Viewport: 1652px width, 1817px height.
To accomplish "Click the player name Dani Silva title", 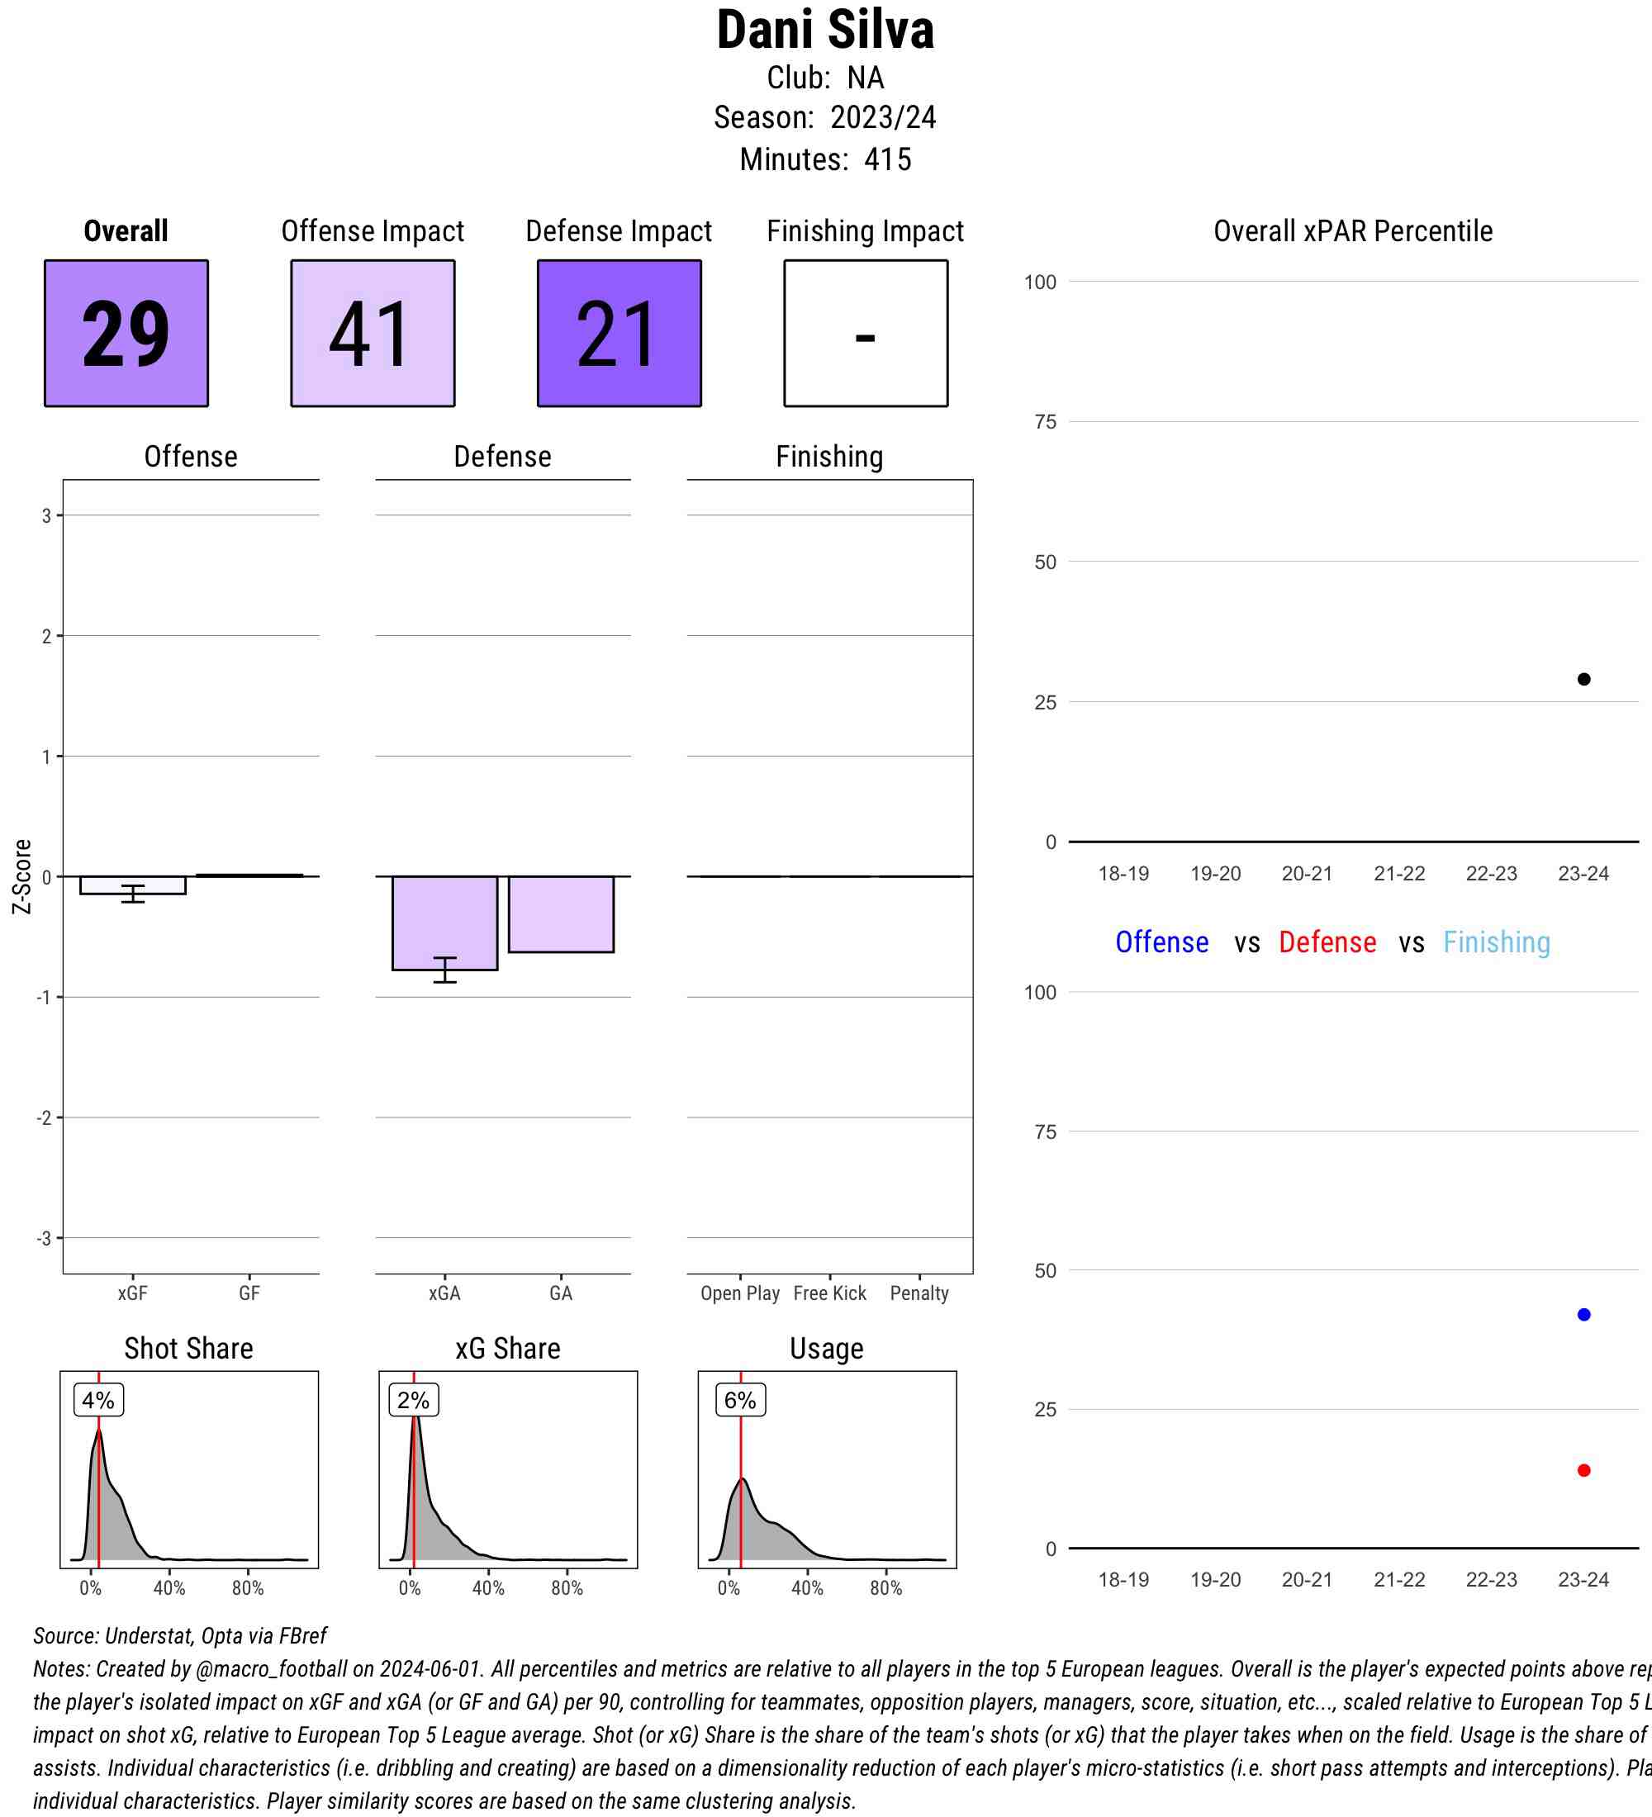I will tap(824, 31).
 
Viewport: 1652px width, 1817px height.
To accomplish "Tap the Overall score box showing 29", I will tap(126, 334).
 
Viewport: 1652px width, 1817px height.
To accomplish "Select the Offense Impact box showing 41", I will tap(373, 334).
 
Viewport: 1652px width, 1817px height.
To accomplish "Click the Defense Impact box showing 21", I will tap(619, 334).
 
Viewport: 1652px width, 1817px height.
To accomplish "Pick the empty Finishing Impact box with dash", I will tap(865, 334).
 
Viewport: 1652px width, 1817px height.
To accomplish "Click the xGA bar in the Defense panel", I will tap(444, 922).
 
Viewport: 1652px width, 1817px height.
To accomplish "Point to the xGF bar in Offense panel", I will tap(132, 885).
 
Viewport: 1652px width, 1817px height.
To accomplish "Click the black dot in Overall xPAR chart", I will tap(1583, 679).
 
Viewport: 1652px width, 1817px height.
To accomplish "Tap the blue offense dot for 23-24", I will tap(1583, 1314).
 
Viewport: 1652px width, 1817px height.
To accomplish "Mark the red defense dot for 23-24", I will tap(1583, 1470).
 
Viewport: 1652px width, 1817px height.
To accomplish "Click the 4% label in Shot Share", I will tap(98, 1400).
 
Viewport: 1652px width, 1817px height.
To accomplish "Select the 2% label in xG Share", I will tap(414, 1400).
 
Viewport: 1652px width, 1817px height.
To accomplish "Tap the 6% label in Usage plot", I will tap(740, 1400).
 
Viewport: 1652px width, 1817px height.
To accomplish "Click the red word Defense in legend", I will tap(1327, 942).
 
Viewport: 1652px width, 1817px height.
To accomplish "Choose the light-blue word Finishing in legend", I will tap(1496, 942).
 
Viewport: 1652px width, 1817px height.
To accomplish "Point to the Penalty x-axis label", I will tap(919, 1293).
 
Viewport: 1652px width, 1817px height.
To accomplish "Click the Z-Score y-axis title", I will tap(21, 876).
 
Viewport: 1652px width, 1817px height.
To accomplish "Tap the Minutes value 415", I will tap(887, 159).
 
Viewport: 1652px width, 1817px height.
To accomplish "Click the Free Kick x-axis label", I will tap(829, 1293).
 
